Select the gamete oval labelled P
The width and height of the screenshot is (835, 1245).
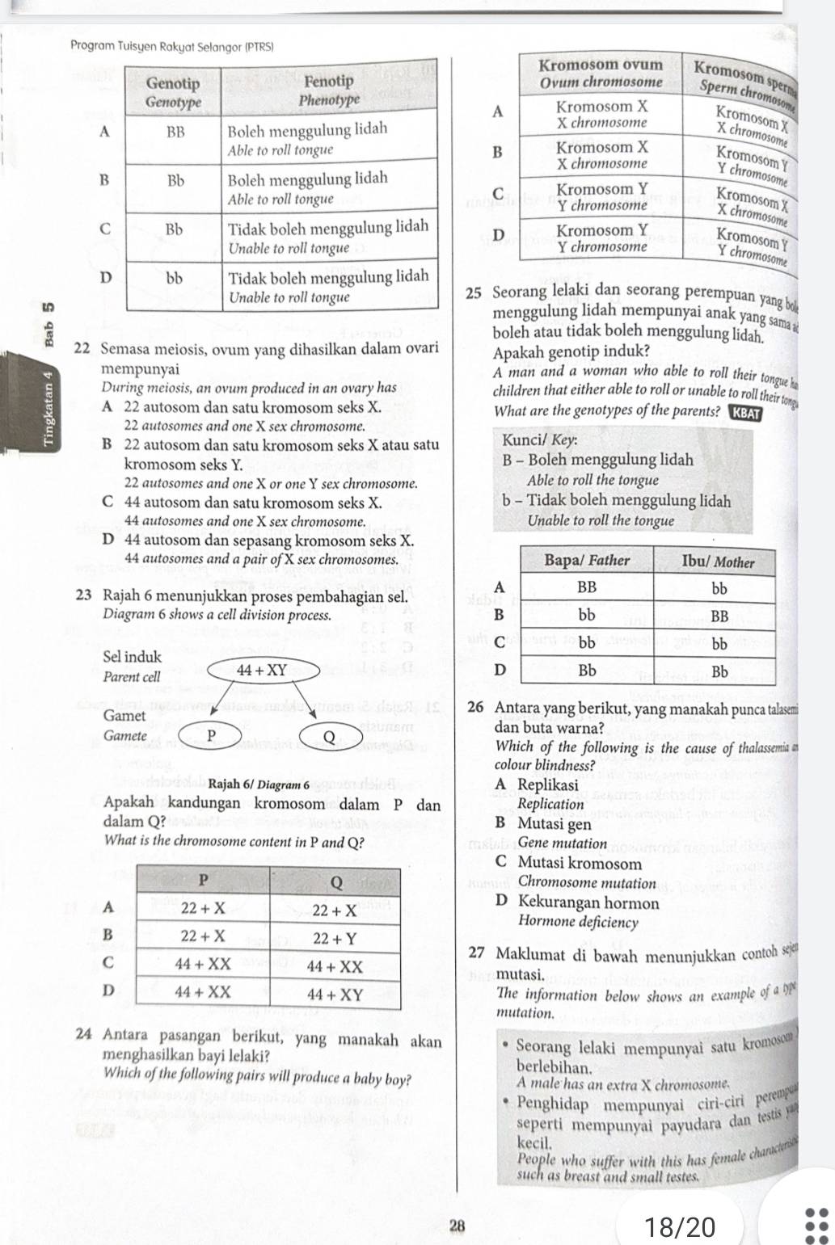point(209,735)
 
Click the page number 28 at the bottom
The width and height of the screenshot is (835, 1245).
point(458,1226)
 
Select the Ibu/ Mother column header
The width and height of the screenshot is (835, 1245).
point(719,562)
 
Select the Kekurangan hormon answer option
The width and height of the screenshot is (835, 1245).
point(588,902)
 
